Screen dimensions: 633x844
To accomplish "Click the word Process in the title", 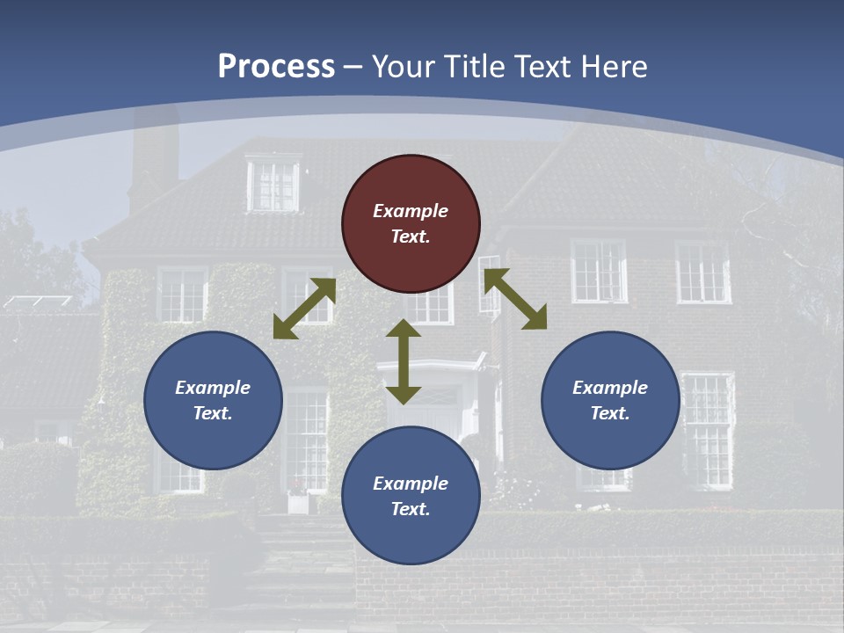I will [x=276, y=67].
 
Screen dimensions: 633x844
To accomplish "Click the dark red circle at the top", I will [x=411, y=224].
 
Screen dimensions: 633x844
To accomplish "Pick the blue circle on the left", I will [x=213, y=400].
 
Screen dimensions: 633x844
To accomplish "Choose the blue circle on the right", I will [x=610, y=400].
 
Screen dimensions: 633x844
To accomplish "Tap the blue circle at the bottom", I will [x=411, y=496].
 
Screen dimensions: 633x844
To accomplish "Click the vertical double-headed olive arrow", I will [x=404, y=361].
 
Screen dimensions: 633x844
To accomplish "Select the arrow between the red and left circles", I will [x=304, y=309].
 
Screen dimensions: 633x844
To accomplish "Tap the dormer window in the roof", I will [x=273, y=184].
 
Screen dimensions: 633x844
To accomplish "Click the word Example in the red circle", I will [x=411, y=211].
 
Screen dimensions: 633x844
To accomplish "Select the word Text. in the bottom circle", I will [x=411, y=509].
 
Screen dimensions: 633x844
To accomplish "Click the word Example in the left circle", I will [x=213, y=388].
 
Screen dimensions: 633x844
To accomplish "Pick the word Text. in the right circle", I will [x=610, y=413].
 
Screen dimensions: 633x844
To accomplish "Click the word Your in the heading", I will [x=403, y=67].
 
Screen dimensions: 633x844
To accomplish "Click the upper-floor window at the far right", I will [x=702, y=272].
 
